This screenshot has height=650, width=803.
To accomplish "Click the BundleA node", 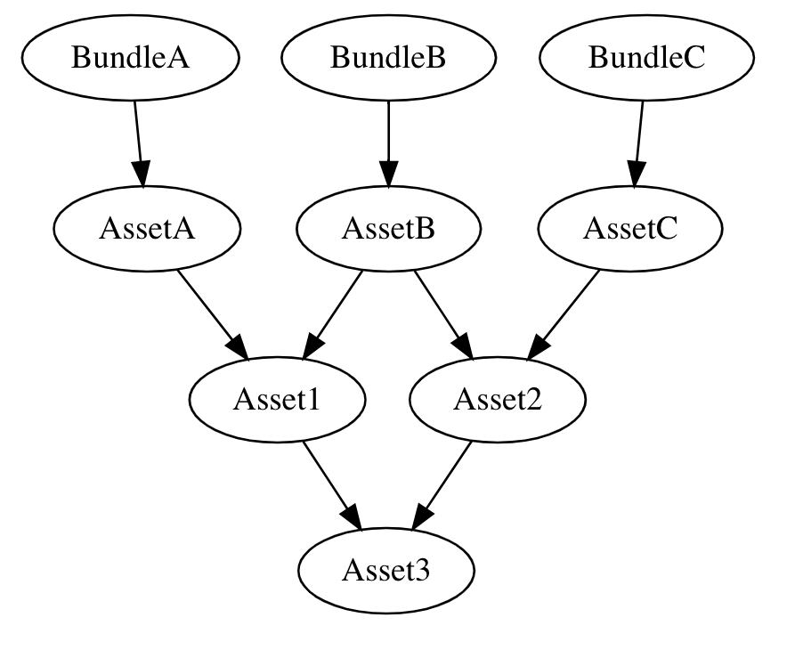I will coord(131,58).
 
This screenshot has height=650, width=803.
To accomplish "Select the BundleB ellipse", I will coord(388,58).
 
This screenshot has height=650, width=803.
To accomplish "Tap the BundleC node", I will coord(646,58).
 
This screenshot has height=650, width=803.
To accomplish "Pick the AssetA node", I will coord(147,229).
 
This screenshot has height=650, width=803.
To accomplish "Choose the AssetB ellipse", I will coord(388,229).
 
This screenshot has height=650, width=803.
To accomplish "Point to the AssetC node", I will coord(630,229).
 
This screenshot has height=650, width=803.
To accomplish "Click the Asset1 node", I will coord(276,400).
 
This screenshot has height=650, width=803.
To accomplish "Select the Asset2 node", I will coord(498,400).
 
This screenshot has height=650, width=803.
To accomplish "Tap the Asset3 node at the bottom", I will coord(385,570).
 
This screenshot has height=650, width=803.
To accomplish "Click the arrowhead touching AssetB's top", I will coord(388,175).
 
